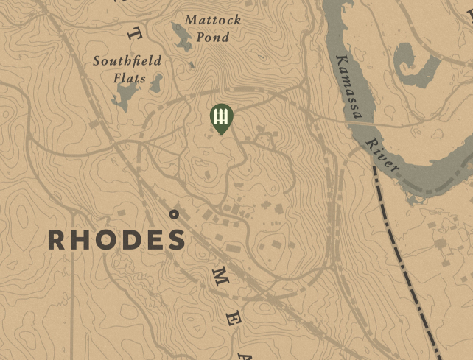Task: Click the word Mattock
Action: tap(212, 20)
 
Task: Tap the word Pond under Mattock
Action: tap(212, 37)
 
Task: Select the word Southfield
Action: tap(127, 61)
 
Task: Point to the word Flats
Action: tap(129, 78)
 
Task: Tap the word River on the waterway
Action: tap(382, 155)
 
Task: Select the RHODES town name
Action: tap(116, 240)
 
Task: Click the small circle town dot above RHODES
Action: tap(174, 214)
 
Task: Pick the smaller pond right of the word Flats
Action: tap(156, 84)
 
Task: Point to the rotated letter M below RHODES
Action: tap(220, 278)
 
